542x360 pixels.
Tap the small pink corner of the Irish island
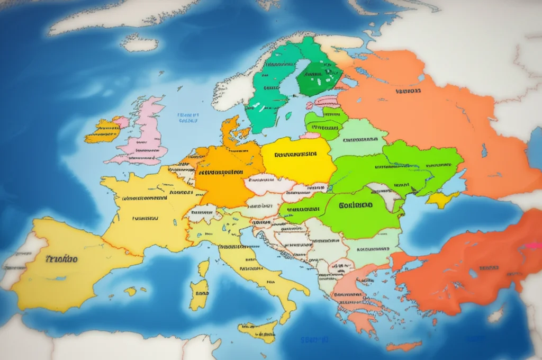(121, 122)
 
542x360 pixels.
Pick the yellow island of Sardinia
(200, 294)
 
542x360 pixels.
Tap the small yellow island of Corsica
(204, 268)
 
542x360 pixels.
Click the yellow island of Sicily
(259, 331)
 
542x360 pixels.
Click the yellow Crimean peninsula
(441, 200)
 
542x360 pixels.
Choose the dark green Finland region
(318, 77)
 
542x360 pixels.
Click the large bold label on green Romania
(356, 205)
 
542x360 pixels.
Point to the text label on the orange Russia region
(408, 91)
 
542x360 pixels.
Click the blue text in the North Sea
(188, 117)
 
